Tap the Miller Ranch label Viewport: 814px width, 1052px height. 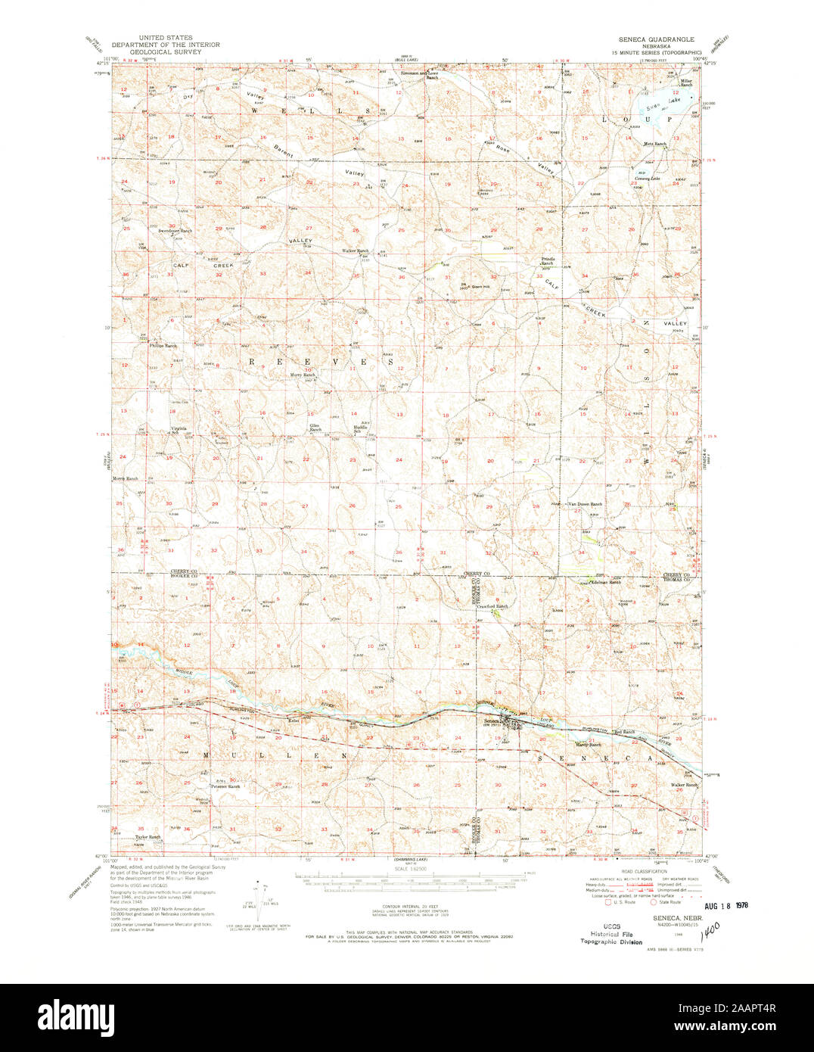point(686,82)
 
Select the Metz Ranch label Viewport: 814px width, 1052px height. point(654,144)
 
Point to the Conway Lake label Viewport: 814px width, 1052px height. point(648,179)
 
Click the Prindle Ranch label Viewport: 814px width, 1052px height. point(548,261)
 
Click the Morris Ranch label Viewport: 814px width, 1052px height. point(126,479)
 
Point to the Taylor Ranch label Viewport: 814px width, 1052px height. point(148,837)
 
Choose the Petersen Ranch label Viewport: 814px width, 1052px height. point(224,786)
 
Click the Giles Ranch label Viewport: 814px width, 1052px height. point(315,428)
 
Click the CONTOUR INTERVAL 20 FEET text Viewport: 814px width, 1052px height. point(412,905)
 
